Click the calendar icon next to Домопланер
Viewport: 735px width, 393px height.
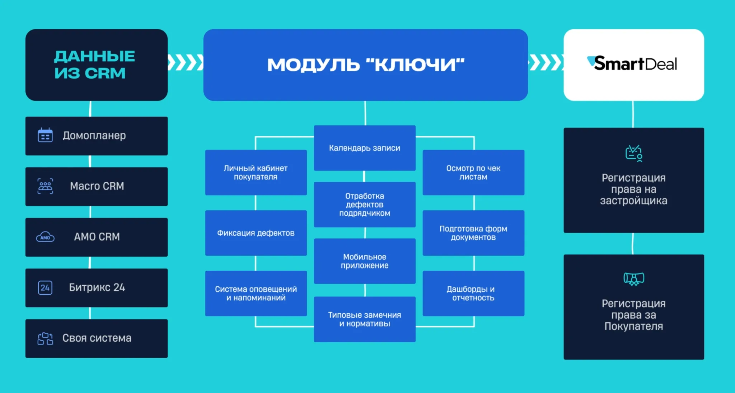pos(45,135)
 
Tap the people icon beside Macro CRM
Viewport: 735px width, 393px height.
pos(45,186)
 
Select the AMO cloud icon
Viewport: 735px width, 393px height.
pos(45,237)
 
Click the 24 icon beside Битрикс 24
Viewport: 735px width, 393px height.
pos(45,287)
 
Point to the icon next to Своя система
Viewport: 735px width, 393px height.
pos(45,338)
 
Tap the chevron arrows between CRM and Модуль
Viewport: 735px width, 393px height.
pos(186,63)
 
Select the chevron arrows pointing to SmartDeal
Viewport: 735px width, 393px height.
pos(546,63)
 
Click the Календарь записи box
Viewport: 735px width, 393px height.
pos(365,148)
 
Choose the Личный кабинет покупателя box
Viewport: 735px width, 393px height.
pos(256,173)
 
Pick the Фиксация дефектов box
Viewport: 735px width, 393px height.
pos(256,233)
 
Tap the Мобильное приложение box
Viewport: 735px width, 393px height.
pos(365,261)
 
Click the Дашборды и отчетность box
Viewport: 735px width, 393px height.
pos(473,294)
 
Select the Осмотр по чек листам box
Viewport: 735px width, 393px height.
pos(473,173)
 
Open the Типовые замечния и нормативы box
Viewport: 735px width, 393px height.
pos(365,319)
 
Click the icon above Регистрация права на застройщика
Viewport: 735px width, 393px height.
pos(634,153)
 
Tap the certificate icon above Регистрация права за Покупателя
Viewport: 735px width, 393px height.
pos(634,279)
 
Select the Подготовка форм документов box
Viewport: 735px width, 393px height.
pos(473,233)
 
